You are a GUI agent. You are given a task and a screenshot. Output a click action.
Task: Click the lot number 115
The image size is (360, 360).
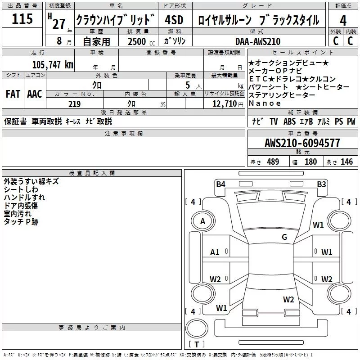point(22,19)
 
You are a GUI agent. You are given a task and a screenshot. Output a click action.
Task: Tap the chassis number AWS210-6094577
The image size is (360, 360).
point(302,143)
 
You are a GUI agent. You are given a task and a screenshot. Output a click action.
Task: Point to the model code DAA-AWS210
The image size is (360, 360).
point(258,41)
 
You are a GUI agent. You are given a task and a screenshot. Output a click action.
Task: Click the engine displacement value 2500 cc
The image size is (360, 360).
point(137,41)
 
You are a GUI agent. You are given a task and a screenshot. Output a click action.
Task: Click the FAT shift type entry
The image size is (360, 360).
point(13,94)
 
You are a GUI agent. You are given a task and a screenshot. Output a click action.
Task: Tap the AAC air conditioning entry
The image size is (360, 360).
point(34,94)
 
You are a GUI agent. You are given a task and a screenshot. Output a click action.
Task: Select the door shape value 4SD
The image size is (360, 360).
point(174,20)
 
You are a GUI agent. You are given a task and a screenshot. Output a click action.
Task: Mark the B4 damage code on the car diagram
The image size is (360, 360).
point(220,184)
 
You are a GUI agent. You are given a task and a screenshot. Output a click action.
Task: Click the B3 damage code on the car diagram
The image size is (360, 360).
point(321,184)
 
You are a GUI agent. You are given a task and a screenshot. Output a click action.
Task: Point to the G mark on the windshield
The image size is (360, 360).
point(284,237)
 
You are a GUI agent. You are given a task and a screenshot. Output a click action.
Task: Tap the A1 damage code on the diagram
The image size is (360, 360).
point(215,252)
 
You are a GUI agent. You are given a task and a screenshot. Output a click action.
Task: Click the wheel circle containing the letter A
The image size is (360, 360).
point(203,221)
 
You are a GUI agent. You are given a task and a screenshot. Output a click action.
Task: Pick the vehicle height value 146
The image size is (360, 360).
point(346,162)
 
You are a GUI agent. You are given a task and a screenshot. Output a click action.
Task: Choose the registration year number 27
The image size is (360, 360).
point(59,23)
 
